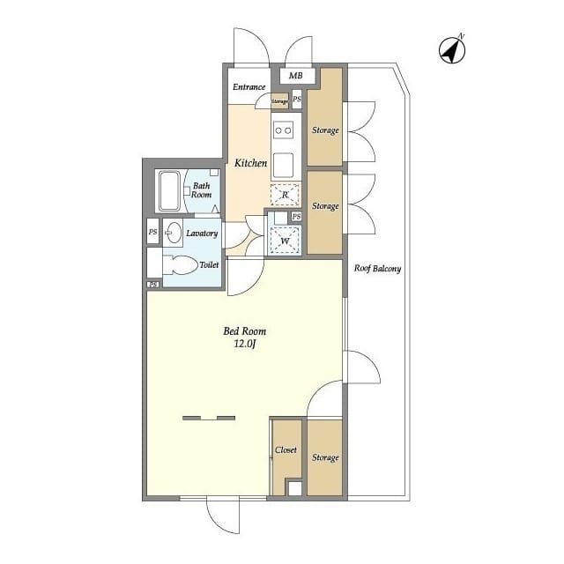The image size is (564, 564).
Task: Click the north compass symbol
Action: pos(452,49)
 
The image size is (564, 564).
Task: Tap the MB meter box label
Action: pos(296,76)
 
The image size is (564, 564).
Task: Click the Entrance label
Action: pos(249,86)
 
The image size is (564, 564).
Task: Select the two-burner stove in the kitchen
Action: pos(283,130)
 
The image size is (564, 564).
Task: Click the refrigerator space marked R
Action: pos(285,195)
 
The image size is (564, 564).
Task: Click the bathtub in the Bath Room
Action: pos(169,190)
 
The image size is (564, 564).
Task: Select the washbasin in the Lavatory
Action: pos(173,233)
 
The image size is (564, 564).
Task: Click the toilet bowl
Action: pos(180,265)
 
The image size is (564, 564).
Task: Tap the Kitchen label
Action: pos(250,163)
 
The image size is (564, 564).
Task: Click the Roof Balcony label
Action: pos(377,268)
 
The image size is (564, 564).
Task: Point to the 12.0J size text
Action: pos(245,344)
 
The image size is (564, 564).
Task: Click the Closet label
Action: pos(286,450)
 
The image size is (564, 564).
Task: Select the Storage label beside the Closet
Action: pos(325,457)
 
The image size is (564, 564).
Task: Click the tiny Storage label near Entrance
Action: pos(279,102)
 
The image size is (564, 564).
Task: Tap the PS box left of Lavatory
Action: pos(152,232)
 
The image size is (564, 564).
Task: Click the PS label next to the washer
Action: pos(296,216)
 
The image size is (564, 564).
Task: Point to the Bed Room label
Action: pos(245,331)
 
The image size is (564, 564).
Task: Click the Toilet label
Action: pos(209,265)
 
